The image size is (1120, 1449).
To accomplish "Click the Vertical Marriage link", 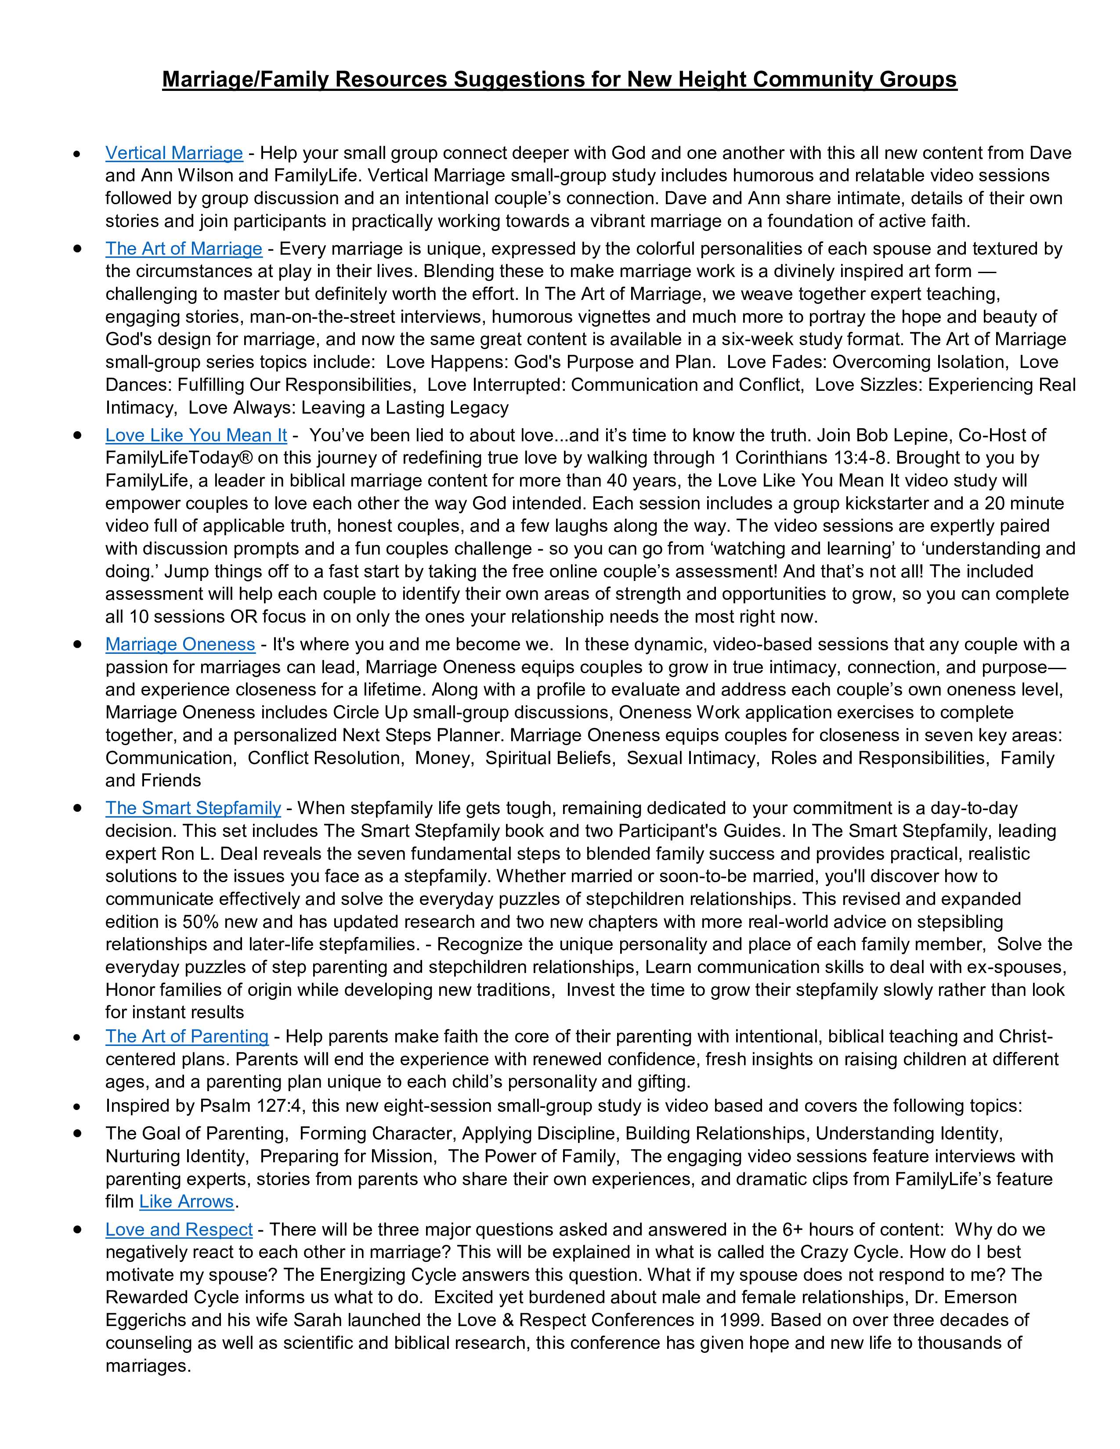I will pyautogui.click(x=174, y=153).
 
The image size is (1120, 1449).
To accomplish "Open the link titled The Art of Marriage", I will pyautogui.click(x=184, y=249).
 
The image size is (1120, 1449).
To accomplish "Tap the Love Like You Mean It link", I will pyautogui.click(x=196, y=435).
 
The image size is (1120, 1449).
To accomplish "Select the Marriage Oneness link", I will pyautogui.click(x=180, y=644).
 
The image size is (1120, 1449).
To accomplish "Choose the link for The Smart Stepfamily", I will pyautogui.click(x=193, y=808).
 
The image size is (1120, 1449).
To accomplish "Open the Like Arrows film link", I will pyautogui.click(x=186, y=1201).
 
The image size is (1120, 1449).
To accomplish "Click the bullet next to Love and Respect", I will pyautogui.click(x=78, y=1230).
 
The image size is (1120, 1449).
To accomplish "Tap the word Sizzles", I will pyautogui.click(x=889, y=385).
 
